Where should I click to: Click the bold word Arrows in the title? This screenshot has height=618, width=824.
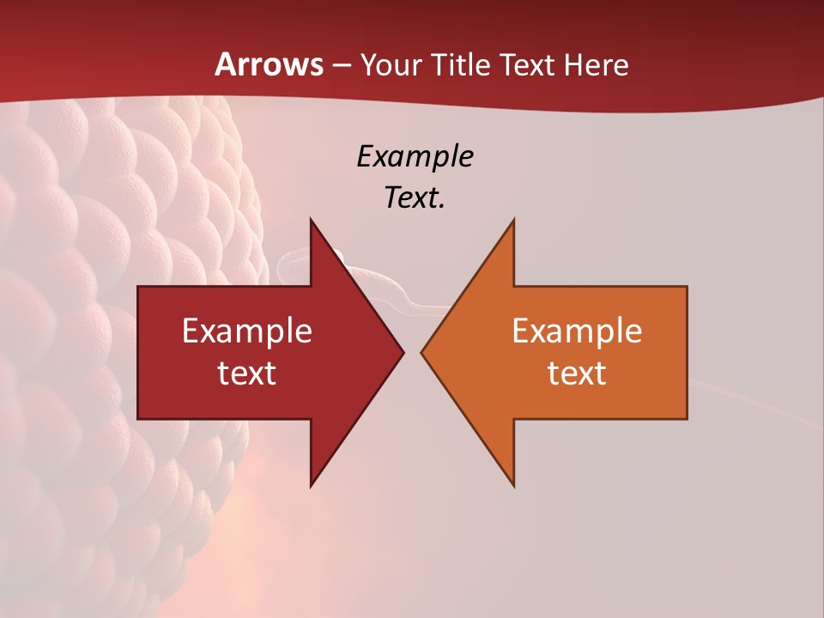pyautogui.click(x=269, y=64)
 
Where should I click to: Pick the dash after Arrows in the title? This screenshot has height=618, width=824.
pyautogui.click(x=342, y=65)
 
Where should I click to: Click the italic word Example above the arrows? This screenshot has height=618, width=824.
pyautogui.click(x=415, y=156)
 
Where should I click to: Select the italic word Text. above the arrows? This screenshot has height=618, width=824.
pyautogui.click(x=415, y=197)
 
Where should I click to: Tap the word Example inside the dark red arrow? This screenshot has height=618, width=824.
pyautogui.click(x=247, y=330)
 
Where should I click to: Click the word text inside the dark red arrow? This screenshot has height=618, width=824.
pyautogui.click(x=247, y=373)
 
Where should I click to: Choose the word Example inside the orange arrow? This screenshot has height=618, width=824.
pyautogui.click(x=577, y=330)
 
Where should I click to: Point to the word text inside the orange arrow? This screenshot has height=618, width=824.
pyautogui.click(x=577, y=373)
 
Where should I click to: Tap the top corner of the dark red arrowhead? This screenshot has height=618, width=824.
pyautogui.click(x=312, y=221)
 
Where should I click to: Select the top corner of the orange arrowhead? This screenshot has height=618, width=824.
pyautogui.click(x=513, y=221)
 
